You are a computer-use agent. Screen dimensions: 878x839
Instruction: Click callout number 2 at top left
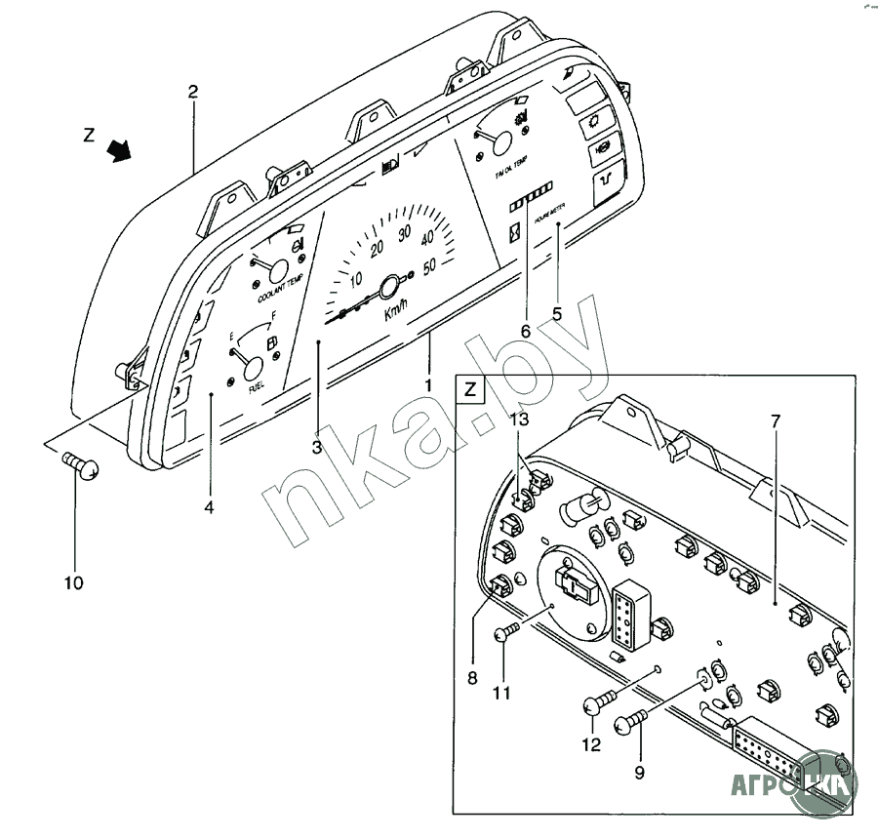pyautogui.click(x=193, y=92)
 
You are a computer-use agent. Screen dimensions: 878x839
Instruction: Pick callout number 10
pyautogui.click(x=74, y=583)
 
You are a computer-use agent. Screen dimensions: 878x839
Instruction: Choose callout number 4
pyautogui.click(x=209, y=506)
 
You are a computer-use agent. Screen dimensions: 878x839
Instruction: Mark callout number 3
pyautogui.click(x=317, y=448)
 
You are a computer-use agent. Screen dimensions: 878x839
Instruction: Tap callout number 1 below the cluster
pyautogui.click(x=427, y=384)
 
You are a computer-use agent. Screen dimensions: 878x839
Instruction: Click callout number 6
pyautogui.click(x=525, y=332)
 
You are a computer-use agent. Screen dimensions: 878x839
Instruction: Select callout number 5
pyautogui.click(x=557, y=314)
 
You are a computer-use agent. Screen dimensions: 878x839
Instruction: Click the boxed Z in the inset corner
pyautogui.click(x=470, y=391)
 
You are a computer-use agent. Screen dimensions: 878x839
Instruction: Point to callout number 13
pyautogui.click(x=521, y=419)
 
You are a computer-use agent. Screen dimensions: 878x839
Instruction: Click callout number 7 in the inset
pyautogui.click(x=776, y=421)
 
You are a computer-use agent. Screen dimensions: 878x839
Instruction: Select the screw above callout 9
pyautogui.click(x=630, y=723)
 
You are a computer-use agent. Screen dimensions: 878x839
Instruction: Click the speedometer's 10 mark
pyautogui.click(x=356, y=276)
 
